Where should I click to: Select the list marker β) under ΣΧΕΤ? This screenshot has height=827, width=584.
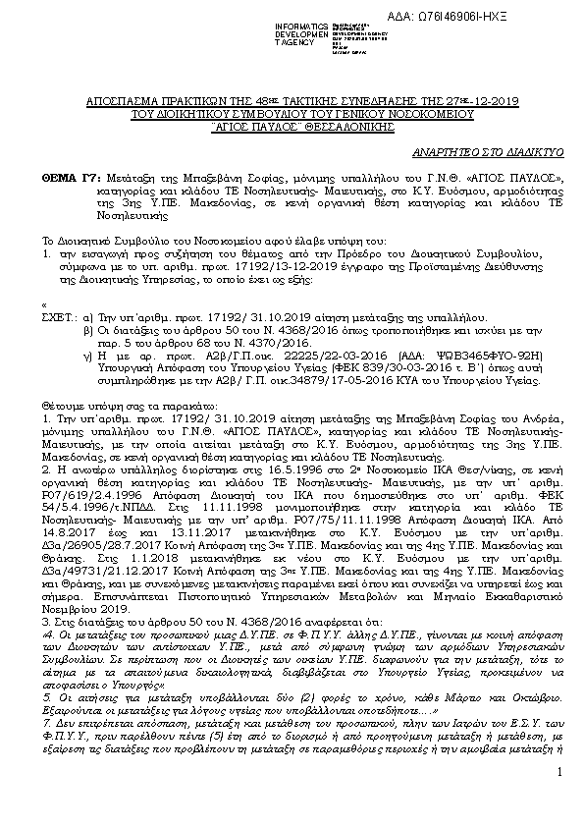[90, 333]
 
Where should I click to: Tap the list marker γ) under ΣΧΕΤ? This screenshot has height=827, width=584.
[90, 361]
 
